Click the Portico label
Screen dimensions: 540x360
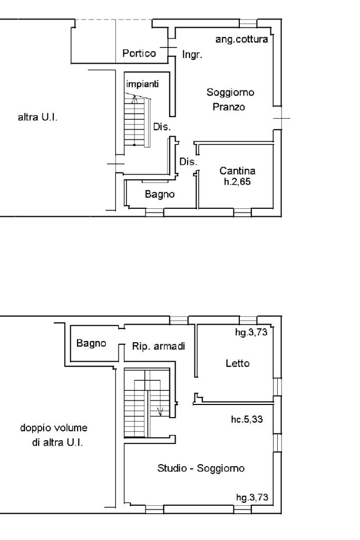point(139,53)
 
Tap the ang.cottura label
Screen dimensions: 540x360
point(242,39)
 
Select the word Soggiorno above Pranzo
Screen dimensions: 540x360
point(231,93)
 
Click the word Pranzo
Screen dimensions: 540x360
point(230,107)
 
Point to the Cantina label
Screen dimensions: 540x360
point(237,171)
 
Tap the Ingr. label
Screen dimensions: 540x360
point(192,54)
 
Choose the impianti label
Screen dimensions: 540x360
point(142,83)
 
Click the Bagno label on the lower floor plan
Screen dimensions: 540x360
point(159,195)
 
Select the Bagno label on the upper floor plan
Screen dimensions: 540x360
point(91,343)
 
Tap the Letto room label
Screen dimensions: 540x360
point(237,363)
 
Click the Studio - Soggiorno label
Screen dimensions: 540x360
point(202,468)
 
